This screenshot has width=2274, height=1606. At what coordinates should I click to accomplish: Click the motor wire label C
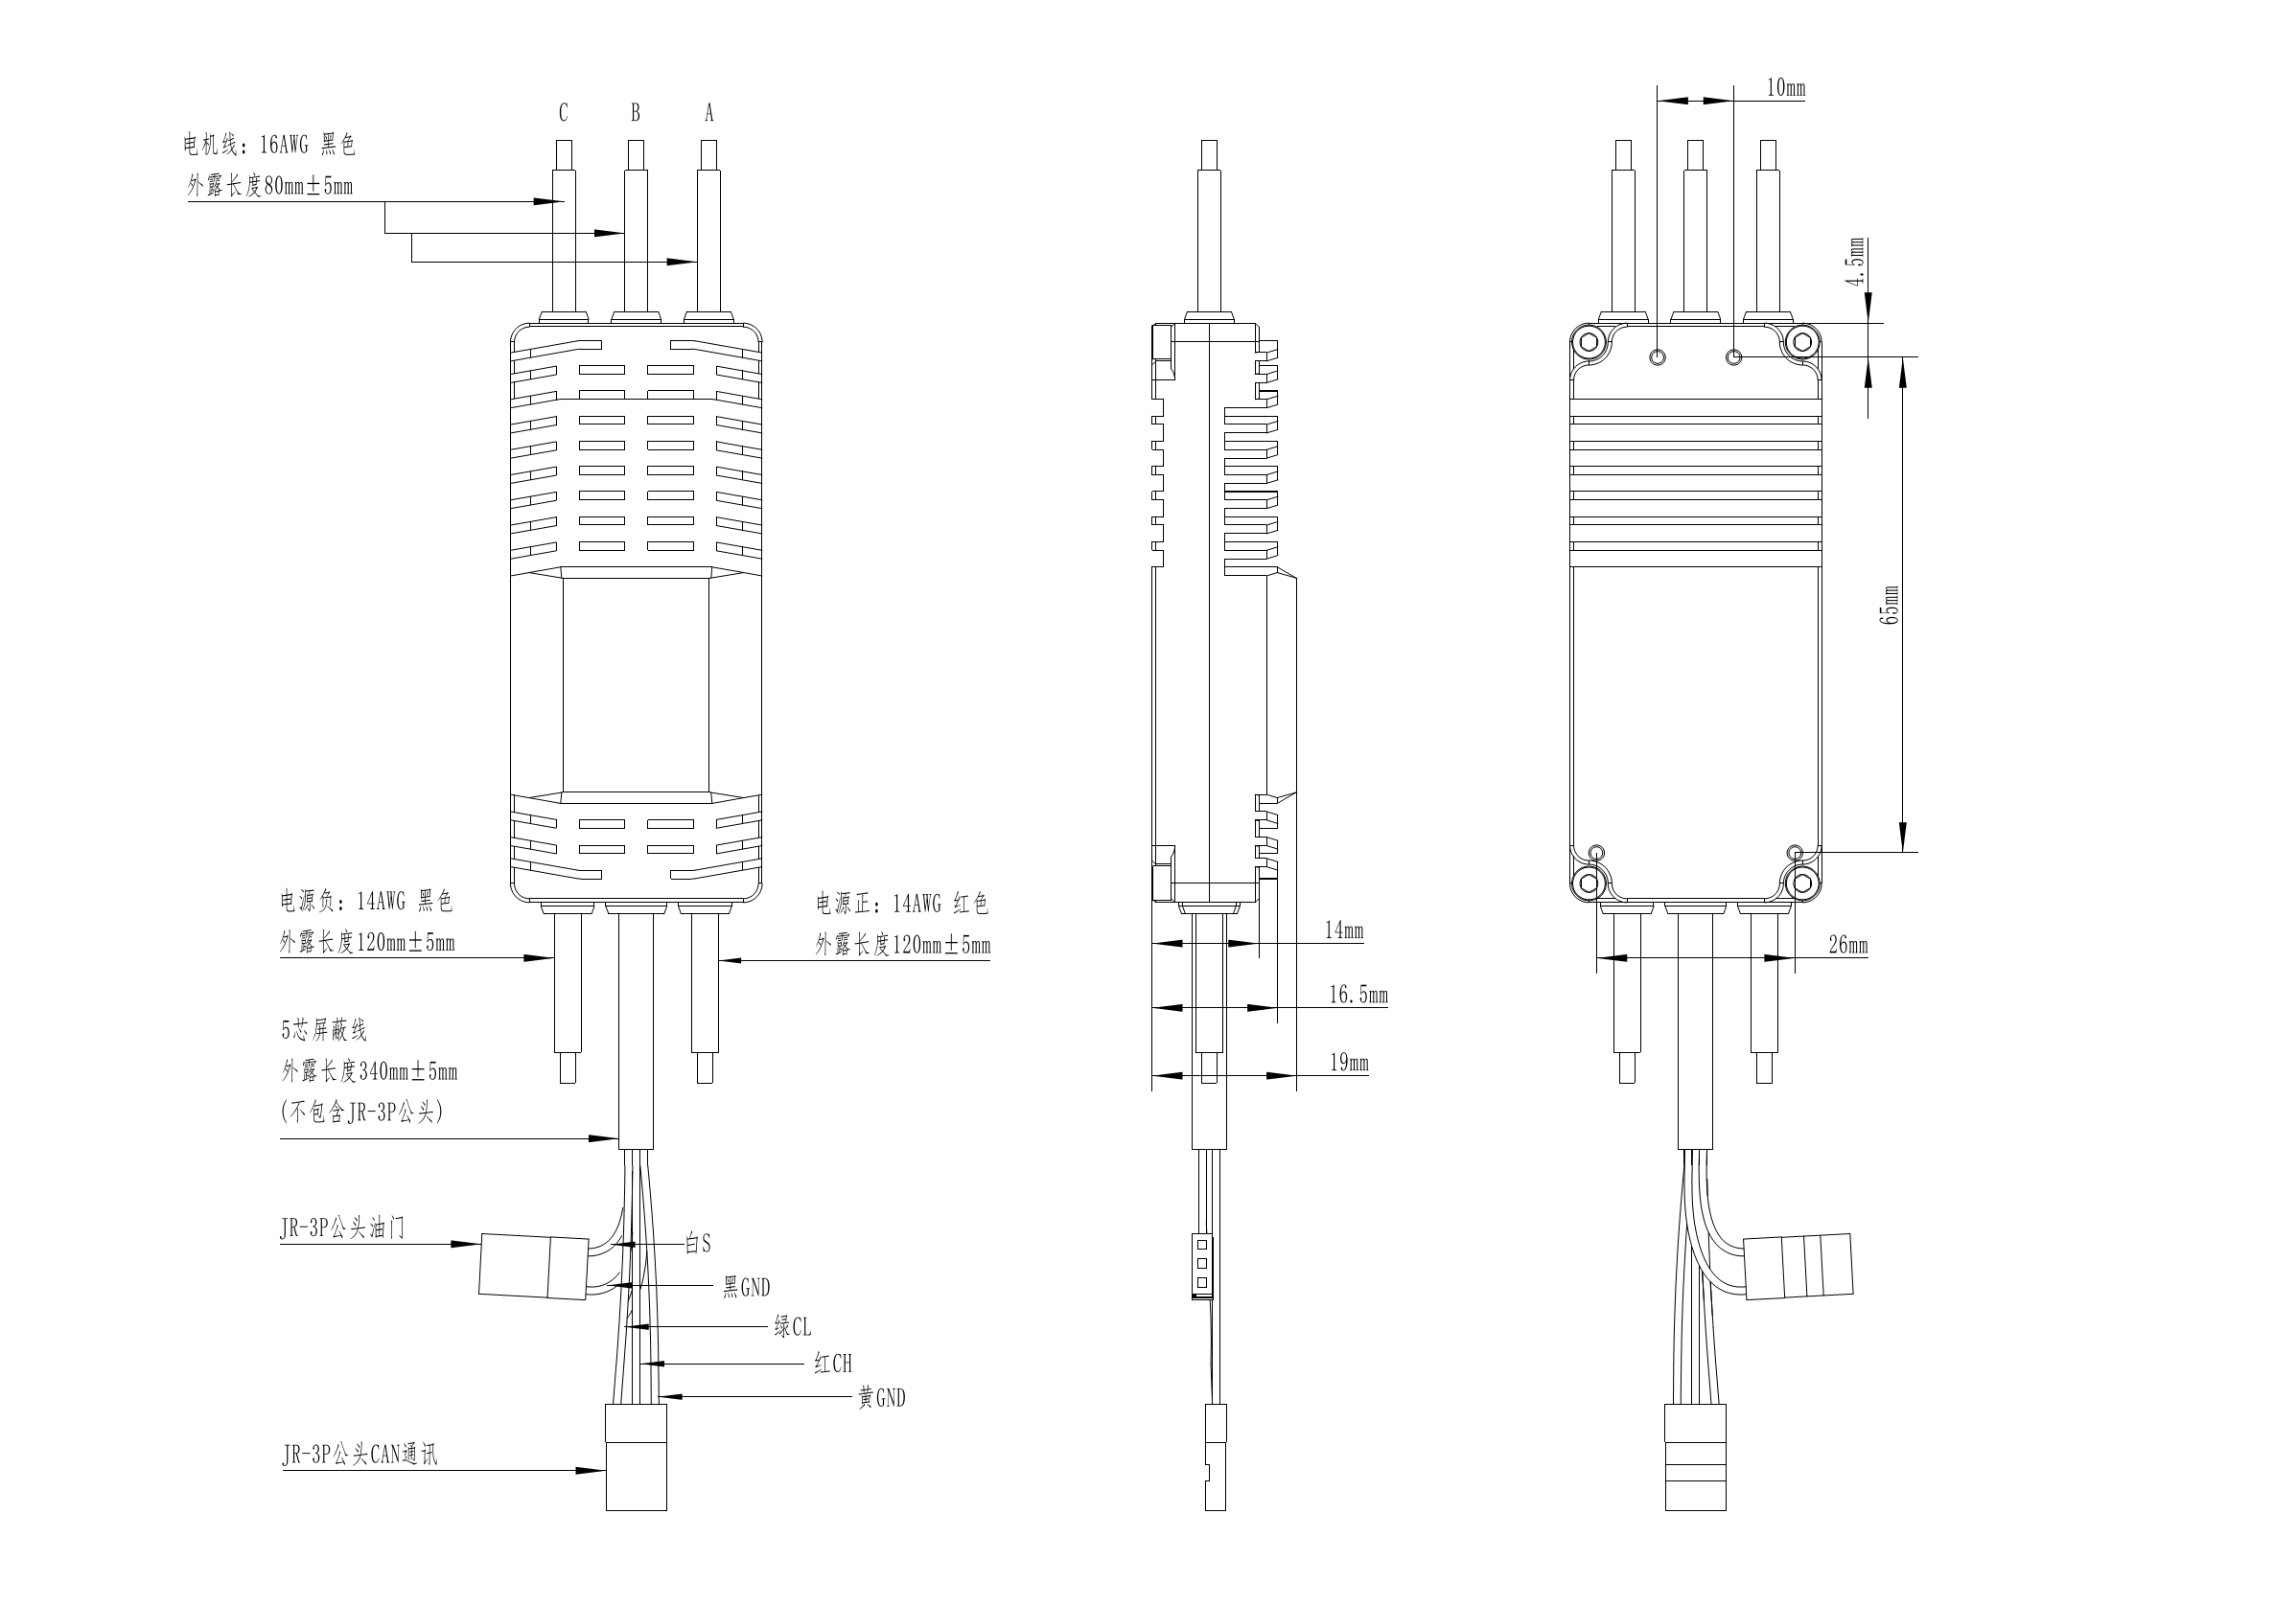click(564, 113)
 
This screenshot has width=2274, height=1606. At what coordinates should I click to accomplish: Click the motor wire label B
click(636, 113)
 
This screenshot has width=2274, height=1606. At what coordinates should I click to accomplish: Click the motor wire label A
click(709, 114)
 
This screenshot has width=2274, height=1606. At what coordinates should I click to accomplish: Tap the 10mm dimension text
click(1786, 88)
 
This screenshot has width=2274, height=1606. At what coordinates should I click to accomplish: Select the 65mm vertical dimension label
click(1890, 604)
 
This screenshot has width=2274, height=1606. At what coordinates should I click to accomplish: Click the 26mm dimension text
click(1848, 945)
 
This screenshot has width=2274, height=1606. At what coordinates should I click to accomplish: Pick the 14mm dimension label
click(1344, 929)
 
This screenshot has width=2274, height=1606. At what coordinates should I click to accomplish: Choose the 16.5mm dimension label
click(1357, 994)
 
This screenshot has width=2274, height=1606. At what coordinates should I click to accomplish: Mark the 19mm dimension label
click(1348, 1063)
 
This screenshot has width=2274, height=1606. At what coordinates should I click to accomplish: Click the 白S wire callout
click(698, 1244)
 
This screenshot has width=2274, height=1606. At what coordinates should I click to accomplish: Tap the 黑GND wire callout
click(746, 1287)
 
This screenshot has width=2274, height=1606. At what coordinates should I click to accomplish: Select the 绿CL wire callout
click(792, 1326)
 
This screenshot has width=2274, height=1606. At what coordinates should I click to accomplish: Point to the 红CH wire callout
click(833, 1364)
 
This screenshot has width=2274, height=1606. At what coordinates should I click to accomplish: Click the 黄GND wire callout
click(881, 1397)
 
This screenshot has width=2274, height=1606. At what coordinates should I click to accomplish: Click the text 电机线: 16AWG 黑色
click(268, 146)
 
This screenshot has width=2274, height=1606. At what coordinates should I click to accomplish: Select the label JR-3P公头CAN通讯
click(360, 1455)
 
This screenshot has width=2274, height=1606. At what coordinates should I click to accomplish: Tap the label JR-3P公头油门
click(342, 1228)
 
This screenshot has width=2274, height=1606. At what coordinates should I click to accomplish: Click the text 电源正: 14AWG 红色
click(901, 903)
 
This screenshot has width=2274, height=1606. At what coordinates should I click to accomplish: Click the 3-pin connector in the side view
click(1202, 1267)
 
